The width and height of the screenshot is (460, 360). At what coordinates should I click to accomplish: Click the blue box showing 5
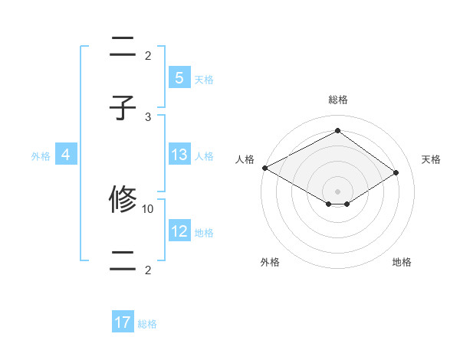[179, 78]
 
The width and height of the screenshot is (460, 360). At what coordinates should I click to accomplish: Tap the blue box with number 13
[179, 155]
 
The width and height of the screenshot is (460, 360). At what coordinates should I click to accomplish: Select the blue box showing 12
[179, 231]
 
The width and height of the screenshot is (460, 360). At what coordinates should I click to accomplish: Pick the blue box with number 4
[66, 155]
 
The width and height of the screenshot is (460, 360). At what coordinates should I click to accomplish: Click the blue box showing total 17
[123, 322]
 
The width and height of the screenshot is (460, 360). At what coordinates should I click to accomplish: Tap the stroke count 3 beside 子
[148, 116]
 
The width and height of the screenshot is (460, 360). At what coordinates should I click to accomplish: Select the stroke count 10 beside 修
[148, 208]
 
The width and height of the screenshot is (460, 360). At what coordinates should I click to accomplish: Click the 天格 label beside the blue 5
[204, 79]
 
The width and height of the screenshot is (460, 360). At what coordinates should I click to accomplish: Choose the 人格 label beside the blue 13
[204, 155]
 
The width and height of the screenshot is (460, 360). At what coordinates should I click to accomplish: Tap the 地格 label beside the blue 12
[204, 232]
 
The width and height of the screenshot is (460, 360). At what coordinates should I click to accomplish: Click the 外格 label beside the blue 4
[41, 155]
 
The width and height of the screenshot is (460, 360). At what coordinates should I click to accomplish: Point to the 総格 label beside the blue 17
[147, 324]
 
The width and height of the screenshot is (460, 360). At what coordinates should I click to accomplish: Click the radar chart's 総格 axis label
[337, 100]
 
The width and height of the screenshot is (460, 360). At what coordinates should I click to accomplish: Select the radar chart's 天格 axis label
[431, 159]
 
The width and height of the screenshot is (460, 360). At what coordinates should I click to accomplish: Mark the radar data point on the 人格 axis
[264, 168]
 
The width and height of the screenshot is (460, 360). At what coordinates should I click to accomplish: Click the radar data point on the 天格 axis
[396, 172]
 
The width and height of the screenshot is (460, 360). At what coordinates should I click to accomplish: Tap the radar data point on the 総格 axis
[337, 131]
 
